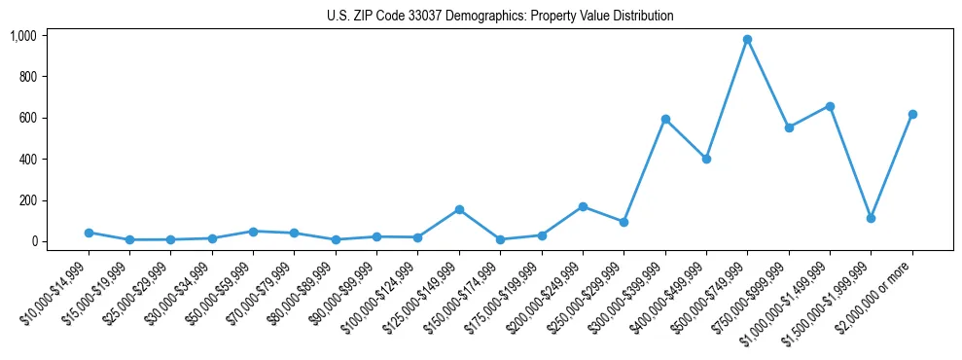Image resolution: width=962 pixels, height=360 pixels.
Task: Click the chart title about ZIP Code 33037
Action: pos(500,16)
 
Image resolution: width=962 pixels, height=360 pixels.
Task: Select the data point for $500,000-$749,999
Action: pos(747,40)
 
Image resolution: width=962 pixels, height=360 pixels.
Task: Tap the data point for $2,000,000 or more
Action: pos(912,114)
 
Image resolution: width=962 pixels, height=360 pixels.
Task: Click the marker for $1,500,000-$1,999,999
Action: pos(871,218)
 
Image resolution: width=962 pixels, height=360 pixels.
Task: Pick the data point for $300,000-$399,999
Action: pos(665,119)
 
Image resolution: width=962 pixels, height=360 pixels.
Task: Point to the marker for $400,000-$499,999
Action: pos(706,159)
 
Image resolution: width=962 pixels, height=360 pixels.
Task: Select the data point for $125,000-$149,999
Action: pos(459,209)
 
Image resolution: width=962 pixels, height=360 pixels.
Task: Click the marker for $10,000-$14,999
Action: pos(89,233)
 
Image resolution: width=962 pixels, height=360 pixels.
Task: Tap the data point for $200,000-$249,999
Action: pos(583,206)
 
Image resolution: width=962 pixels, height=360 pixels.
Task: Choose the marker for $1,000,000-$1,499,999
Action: pos(830,106)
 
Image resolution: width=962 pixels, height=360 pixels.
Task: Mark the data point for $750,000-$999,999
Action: pos(789,127)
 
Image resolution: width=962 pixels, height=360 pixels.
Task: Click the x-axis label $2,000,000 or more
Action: pos(878,287)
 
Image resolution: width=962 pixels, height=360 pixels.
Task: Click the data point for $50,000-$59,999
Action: pos(253,232)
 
